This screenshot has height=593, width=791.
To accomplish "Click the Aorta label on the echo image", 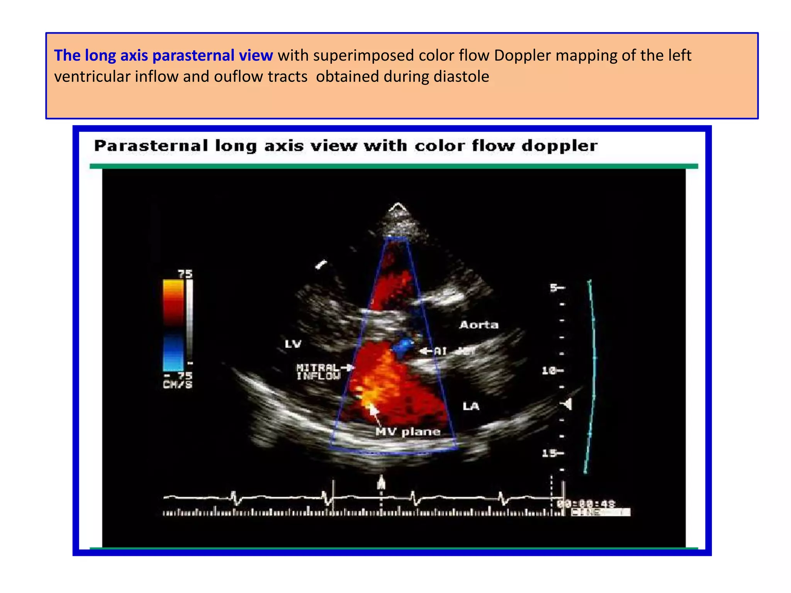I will [479, 325].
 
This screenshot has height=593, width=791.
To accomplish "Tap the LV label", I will [293, 344].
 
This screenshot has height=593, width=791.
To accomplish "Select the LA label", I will [471, 406].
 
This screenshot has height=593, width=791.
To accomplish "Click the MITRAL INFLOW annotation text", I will [319, 372].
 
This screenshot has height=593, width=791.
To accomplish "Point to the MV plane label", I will [408, 432].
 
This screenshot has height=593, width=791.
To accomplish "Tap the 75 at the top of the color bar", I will [185, 274].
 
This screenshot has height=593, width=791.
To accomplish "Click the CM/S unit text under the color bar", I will [177, 385].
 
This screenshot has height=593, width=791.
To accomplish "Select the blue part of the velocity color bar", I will [173, 351].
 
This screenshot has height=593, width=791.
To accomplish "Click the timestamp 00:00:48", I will [586, 504].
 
